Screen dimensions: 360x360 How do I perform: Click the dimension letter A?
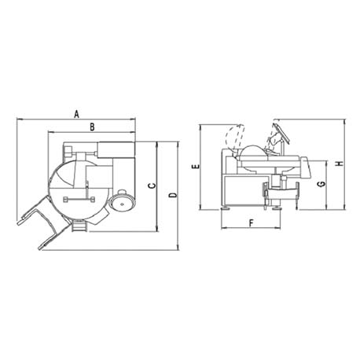pos(76,114)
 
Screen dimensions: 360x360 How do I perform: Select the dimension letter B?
pos(92,127)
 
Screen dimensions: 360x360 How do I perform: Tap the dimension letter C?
pos(152,186)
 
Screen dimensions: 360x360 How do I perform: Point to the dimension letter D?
pos(173,195)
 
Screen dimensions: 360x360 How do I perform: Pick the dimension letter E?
pos(196,166)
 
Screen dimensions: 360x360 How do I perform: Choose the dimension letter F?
pos(252,223)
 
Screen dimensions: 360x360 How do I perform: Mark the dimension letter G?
pos(321,184)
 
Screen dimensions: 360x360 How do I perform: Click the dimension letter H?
pos(340,163)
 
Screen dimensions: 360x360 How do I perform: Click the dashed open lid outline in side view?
pos(234,138)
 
